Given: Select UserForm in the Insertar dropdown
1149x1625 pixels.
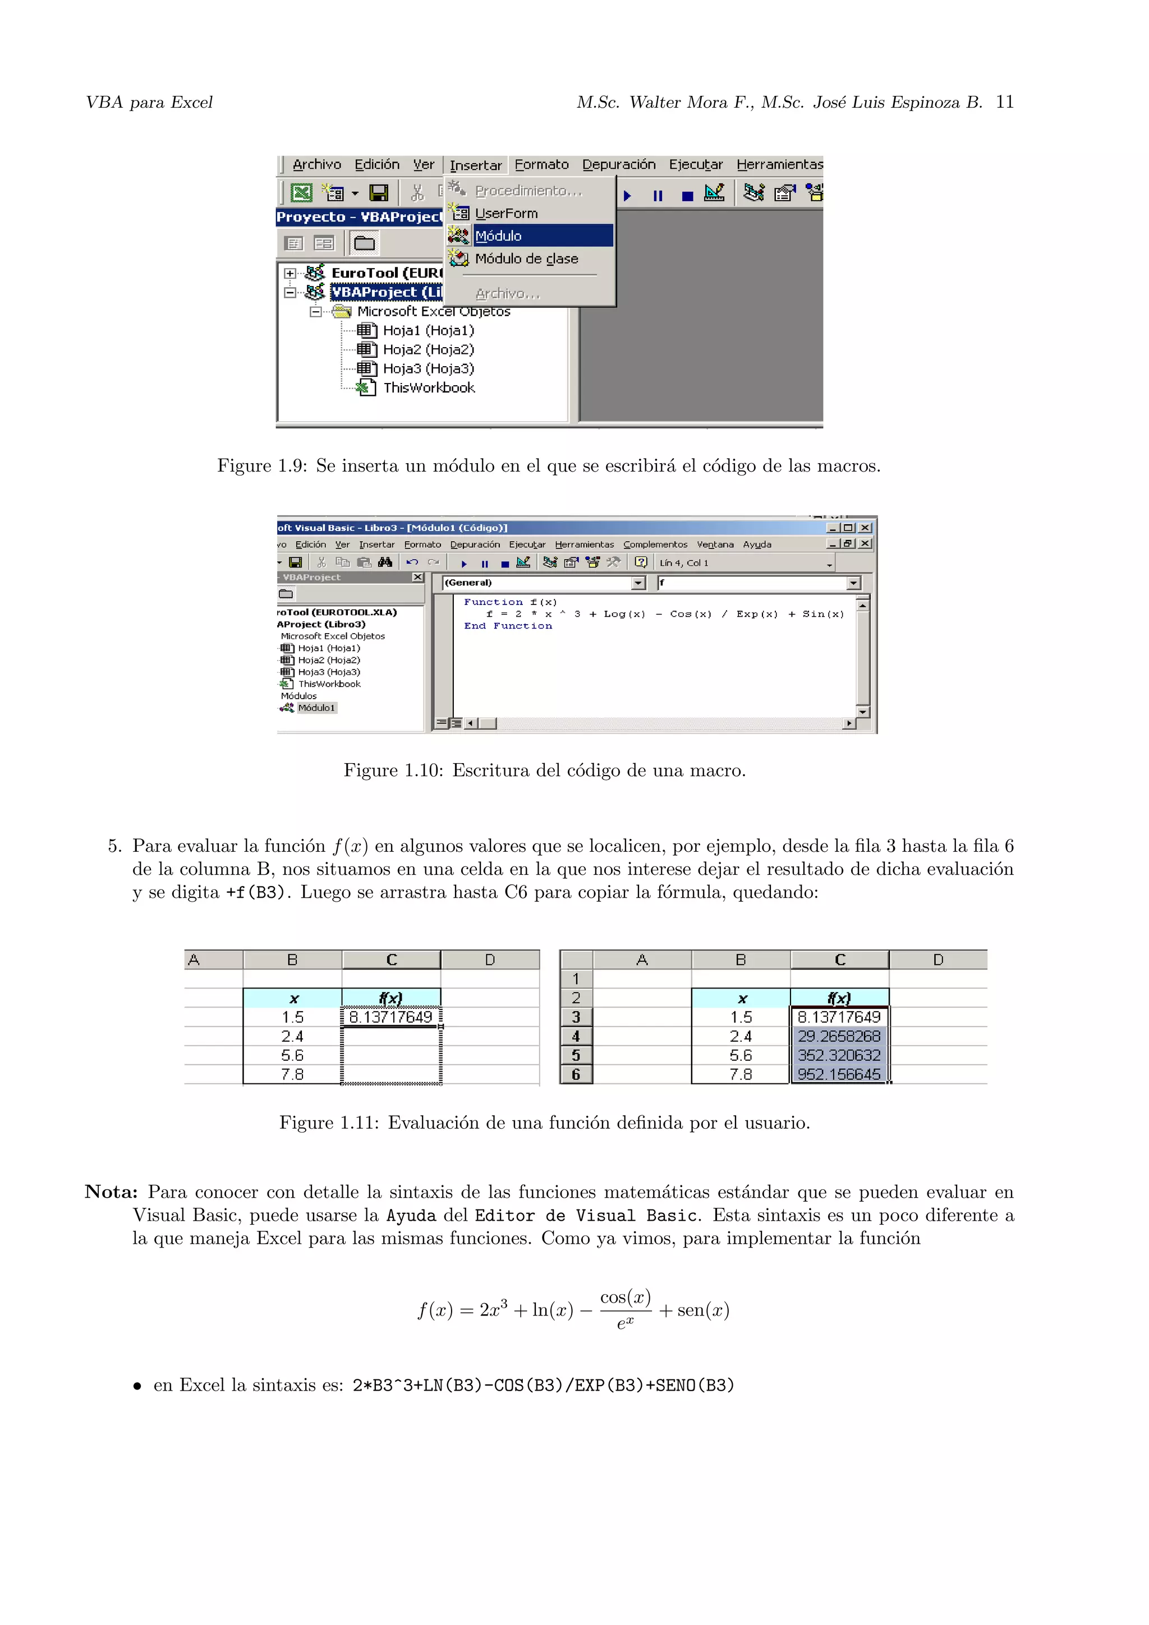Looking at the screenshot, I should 505,213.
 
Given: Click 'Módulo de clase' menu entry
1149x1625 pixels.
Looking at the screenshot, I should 526,259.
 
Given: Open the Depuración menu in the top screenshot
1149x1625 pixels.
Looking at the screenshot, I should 618,165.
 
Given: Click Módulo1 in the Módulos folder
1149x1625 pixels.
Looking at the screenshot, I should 316,708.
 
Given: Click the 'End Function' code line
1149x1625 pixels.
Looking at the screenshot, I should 508,626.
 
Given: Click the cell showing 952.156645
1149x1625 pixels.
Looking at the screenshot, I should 839,1074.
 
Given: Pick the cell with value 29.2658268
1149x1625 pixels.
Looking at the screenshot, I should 839,1036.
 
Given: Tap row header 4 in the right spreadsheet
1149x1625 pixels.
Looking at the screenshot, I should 576,1036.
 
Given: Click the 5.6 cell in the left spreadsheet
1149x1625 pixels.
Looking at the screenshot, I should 292,1055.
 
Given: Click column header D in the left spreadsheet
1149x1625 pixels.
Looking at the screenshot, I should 490,960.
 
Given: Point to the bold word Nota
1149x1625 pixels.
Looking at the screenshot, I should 111,1192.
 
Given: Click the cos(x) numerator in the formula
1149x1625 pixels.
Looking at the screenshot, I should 625,1298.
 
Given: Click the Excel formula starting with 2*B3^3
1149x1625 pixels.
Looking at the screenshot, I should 543,1385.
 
